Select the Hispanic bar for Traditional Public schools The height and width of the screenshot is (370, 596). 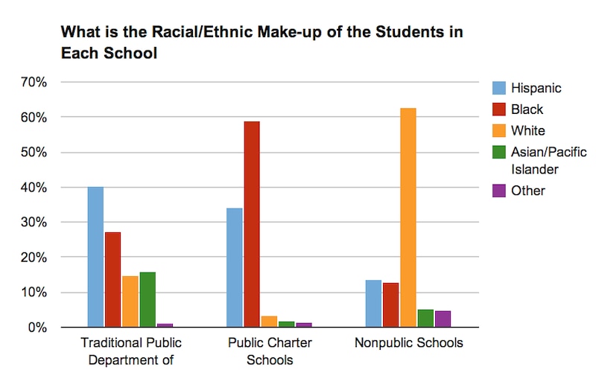(95, 257)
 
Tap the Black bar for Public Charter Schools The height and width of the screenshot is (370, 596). (252, 224)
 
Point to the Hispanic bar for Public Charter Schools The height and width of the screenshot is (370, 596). (235, 267)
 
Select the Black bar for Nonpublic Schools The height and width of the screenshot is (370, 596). (390, 304)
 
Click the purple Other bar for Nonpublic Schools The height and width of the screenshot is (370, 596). (443, 319)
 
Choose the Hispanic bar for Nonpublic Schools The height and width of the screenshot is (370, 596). (373, 303)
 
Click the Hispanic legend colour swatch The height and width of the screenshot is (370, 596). (497, 88)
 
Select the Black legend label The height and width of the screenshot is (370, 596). (527, 109)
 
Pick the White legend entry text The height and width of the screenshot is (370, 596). (527, 131)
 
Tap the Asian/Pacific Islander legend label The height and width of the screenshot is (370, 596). (548, 161)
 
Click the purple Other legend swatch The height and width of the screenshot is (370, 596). (497, 191)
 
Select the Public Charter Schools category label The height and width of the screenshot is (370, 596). (270, 351)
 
